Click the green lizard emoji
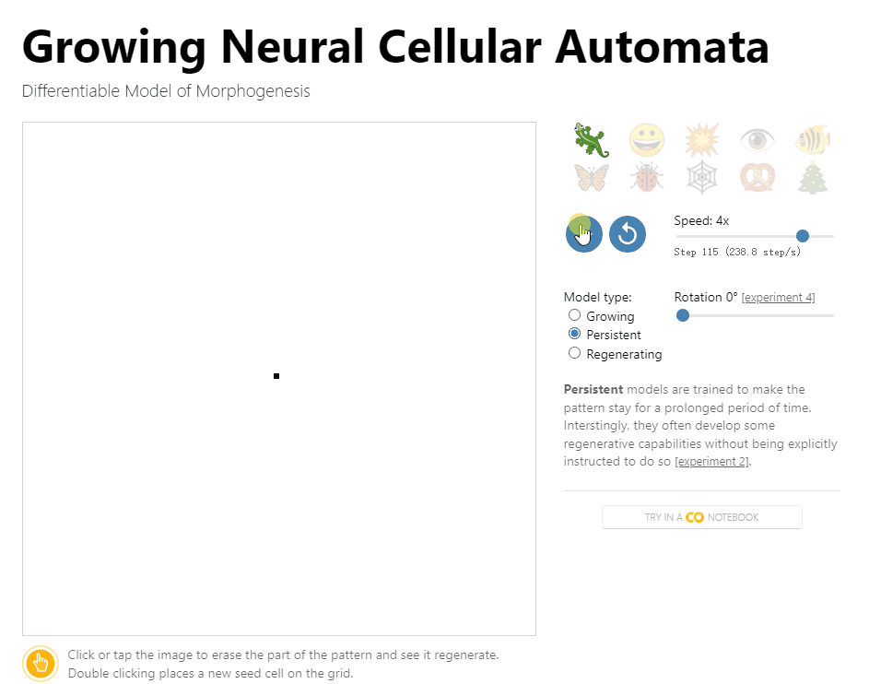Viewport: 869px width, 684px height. click(x=591, y=140)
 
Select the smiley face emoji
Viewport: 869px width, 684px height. click(x=646, y=140)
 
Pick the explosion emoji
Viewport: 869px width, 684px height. click(x=701, y=140)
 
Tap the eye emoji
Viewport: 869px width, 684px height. click(x=757, y=140)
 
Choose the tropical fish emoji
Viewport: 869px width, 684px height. click(x=812, y=140)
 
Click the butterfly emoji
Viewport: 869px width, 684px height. click(x=591, y=177)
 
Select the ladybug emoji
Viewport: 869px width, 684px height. click(x=646, y=177)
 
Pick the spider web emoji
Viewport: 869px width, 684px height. click(x=701, y=177)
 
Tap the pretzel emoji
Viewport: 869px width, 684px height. click(x=757, y=177)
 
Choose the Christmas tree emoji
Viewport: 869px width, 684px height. click(x=812, y=177)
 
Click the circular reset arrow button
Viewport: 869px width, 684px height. click(x=628, y=234)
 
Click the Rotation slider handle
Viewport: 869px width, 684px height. click(x=683, y=315)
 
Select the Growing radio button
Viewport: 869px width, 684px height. click(x=575, y=315)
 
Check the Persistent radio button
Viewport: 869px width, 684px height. click(x=575, y=334)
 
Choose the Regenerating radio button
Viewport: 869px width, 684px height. click(x=575, y=353)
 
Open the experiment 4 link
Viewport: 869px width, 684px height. click(x=778, y=298)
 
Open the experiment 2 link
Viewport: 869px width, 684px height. click(x=711, y=462)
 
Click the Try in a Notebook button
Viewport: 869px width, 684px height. click(x=701, y=517)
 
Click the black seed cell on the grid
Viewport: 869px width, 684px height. click(x=276, y=376)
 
